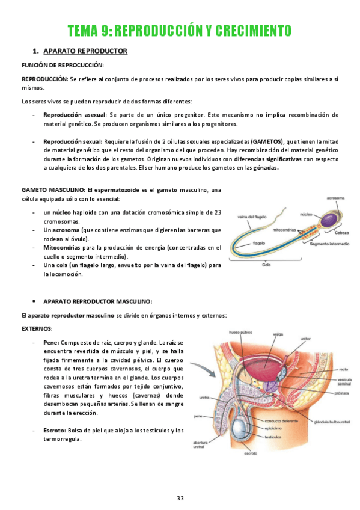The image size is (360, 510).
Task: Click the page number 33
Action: tap(180, 498)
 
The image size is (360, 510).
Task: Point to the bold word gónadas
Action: tap(265, 168)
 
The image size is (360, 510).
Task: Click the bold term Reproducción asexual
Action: tap(75, 114)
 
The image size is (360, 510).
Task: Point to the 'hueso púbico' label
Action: tap(241, 332)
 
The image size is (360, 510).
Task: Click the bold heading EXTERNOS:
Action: tap(37, 329)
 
